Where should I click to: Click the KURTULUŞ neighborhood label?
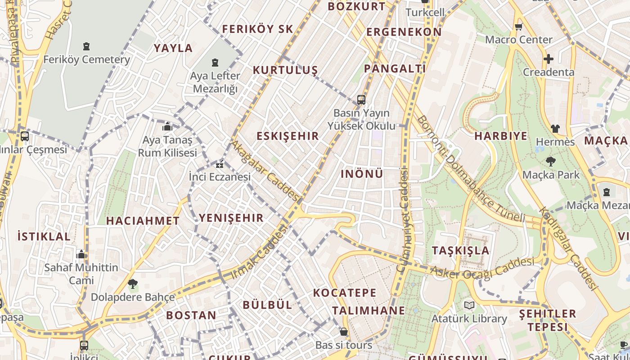coord(285,70)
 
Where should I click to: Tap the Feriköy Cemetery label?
coord(86,59)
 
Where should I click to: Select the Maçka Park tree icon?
coord(550,162)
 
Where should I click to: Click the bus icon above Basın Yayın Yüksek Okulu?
coord(361,100)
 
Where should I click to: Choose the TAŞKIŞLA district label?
coord(460,251)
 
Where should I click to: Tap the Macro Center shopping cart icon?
coord(518,27)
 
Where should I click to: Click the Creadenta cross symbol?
coord(548,59)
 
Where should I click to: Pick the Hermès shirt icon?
coord(555,129)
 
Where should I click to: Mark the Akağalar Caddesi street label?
coord(265,171)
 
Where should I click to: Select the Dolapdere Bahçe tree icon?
coord(133,284)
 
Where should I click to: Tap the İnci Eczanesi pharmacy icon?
coord(220,164)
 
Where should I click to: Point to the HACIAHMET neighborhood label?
coord(143,221)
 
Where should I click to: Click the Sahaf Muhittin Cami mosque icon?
coord(81,255)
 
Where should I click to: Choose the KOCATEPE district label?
coord(344,293)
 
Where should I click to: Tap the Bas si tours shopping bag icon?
coord(344,332)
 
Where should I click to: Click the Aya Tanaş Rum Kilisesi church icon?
coord(167,127)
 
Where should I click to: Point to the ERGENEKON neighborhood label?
coord(404,32)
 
